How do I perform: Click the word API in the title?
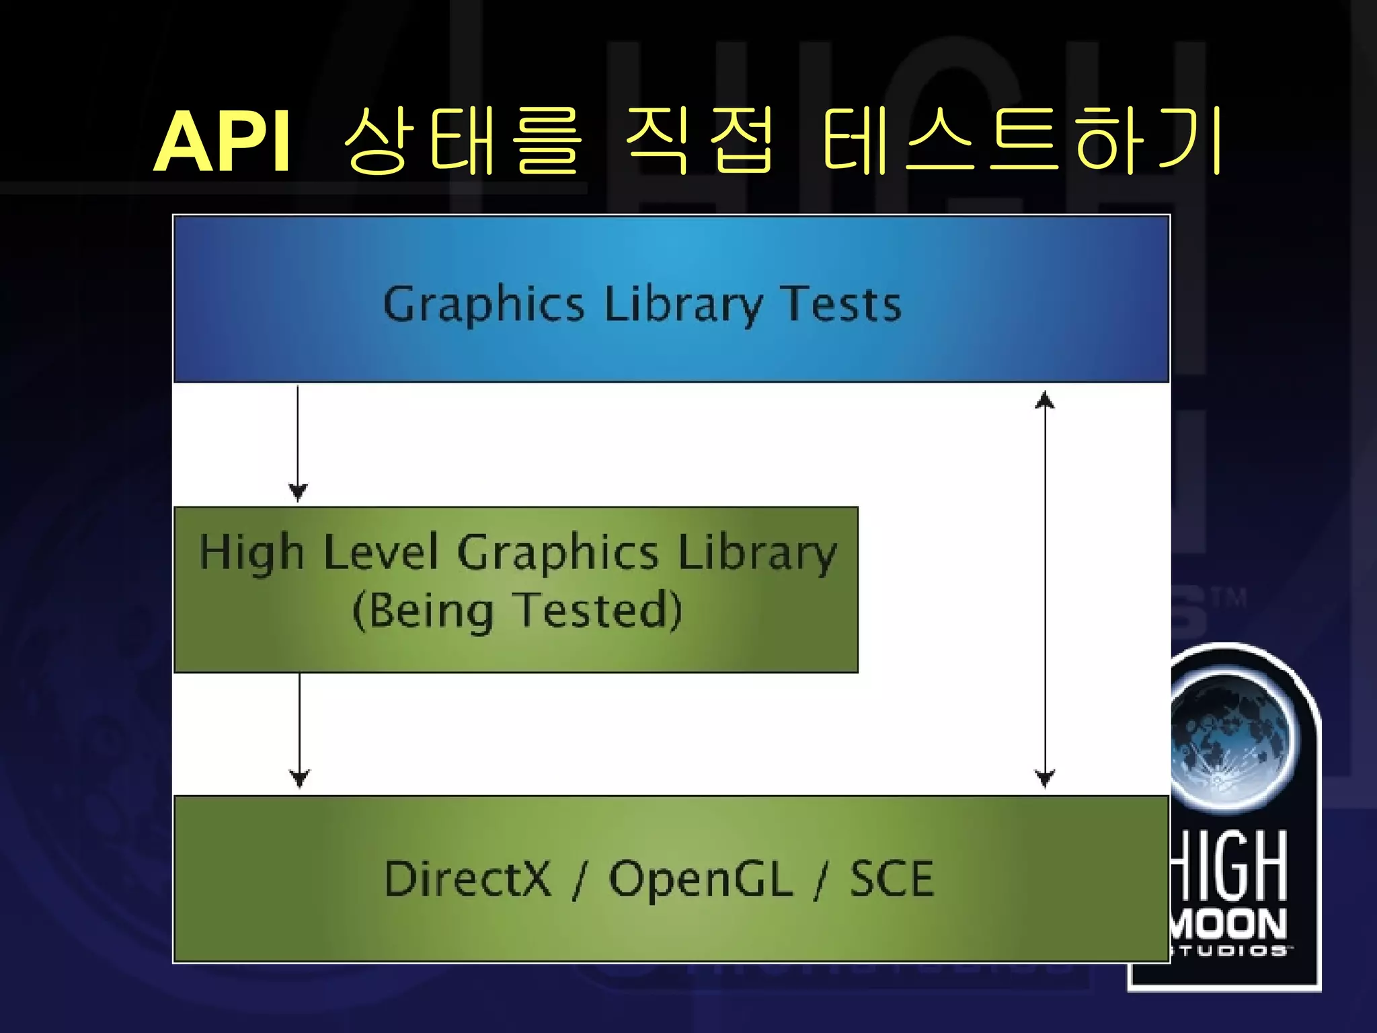click(223, 143)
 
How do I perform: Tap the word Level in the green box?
click(381, 553)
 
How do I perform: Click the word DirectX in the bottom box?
click(467, 878)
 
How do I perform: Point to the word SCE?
click(892, 878)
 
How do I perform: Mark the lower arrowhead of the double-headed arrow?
click(1044, 779)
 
